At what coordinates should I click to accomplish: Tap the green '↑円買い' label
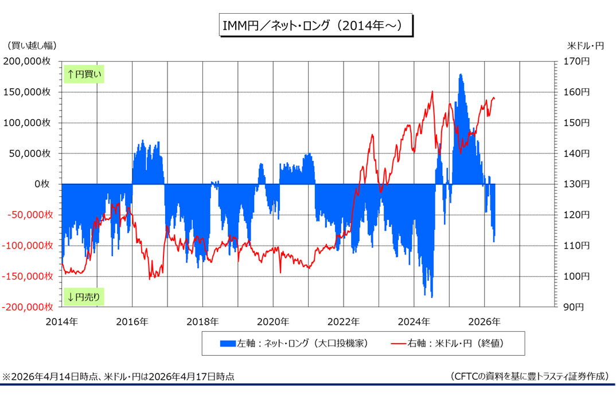[x=84, y=74]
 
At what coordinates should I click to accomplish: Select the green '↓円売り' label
[x=84, y=297]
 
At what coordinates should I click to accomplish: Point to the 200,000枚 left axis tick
[x=27, y=61]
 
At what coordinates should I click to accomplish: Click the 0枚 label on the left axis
[x=42, y=184]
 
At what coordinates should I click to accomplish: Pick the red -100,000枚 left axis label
[x=28, y=246]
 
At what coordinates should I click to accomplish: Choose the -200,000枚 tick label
[x=28, y=307]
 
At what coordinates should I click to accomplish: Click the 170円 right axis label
[x=577, y=61]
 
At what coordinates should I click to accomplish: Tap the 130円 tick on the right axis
[x=577, y=184]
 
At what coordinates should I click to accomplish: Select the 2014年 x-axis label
[x=62, y=322]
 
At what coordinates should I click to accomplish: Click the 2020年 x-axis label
[x=273, y=322]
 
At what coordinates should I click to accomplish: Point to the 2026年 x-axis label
[x=485, y=322]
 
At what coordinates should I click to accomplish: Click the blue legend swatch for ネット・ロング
[x=228, y=343]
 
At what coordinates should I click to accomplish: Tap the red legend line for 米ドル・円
[x=399, y=343]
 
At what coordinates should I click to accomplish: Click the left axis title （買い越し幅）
[x=32, y=45]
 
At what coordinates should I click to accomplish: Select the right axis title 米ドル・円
[x=586, y=46]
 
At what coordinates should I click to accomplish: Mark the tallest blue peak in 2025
[x=461, y=74]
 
